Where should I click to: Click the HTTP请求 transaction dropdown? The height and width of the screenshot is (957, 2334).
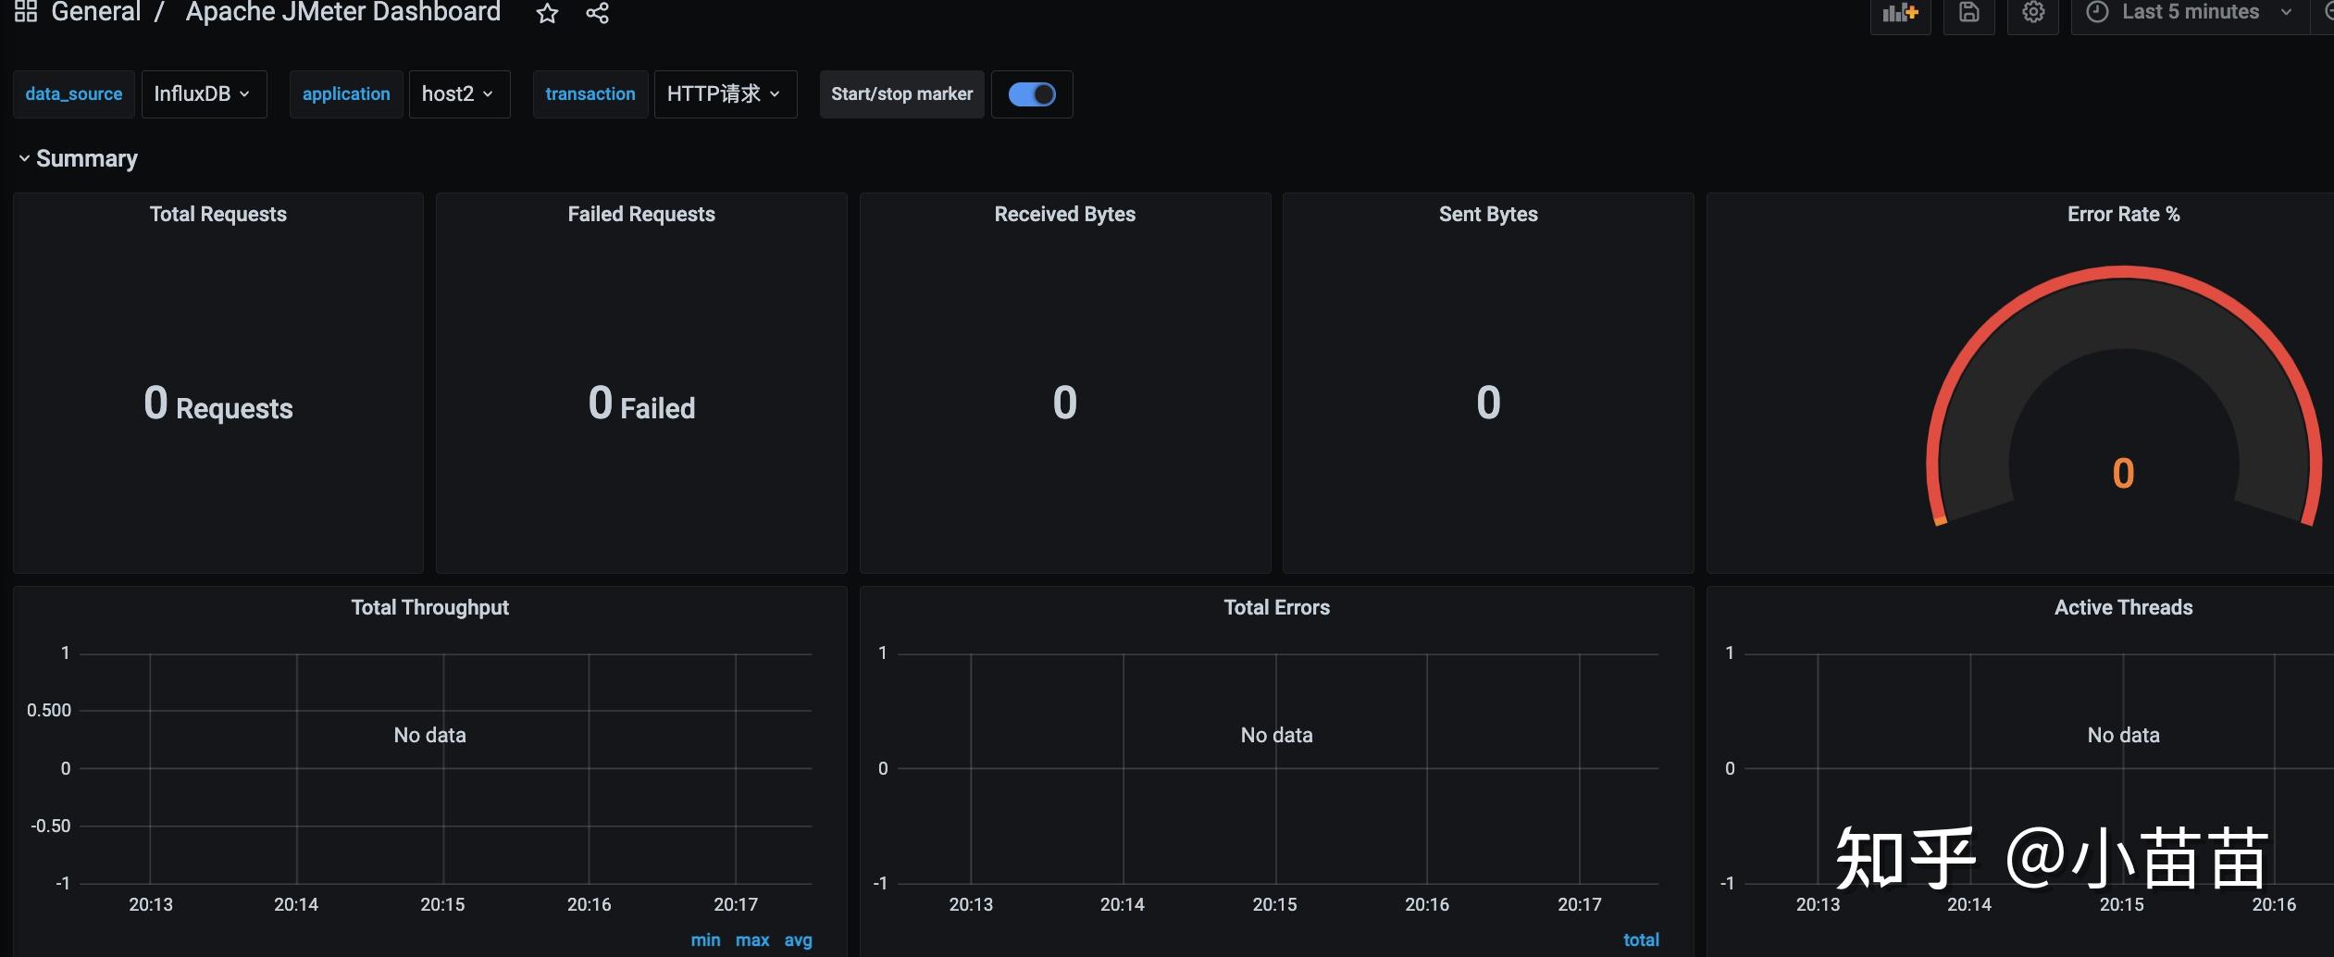tap(725, 94)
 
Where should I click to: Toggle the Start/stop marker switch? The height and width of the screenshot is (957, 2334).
tap(1032, 94)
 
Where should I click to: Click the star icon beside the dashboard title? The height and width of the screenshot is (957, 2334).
tap(548, 13)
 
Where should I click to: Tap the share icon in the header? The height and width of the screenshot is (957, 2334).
tap(598, 13)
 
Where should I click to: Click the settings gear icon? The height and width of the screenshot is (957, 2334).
tap(2033, 12)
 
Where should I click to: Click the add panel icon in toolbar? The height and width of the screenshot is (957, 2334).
tap(1901, 13)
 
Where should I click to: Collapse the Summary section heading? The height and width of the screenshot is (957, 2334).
tap(78, 159)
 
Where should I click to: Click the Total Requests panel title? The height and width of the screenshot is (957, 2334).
tap(218, 214)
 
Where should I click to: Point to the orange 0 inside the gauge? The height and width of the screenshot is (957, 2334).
tap(2123, 474)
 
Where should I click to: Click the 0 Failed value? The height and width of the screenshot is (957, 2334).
tap(641, 404)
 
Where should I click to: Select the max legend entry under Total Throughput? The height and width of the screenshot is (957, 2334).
tap(752, 940)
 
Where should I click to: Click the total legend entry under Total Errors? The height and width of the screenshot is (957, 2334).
tap(1641, 940)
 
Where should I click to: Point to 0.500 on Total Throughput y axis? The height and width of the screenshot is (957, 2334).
tap(49, 711)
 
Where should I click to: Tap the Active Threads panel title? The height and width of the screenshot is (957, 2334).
tap(2123, 607)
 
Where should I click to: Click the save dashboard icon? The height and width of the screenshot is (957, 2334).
tap(1969, 12)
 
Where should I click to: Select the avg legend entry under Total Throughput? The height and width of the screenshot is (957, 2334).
tap(799, 940)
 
